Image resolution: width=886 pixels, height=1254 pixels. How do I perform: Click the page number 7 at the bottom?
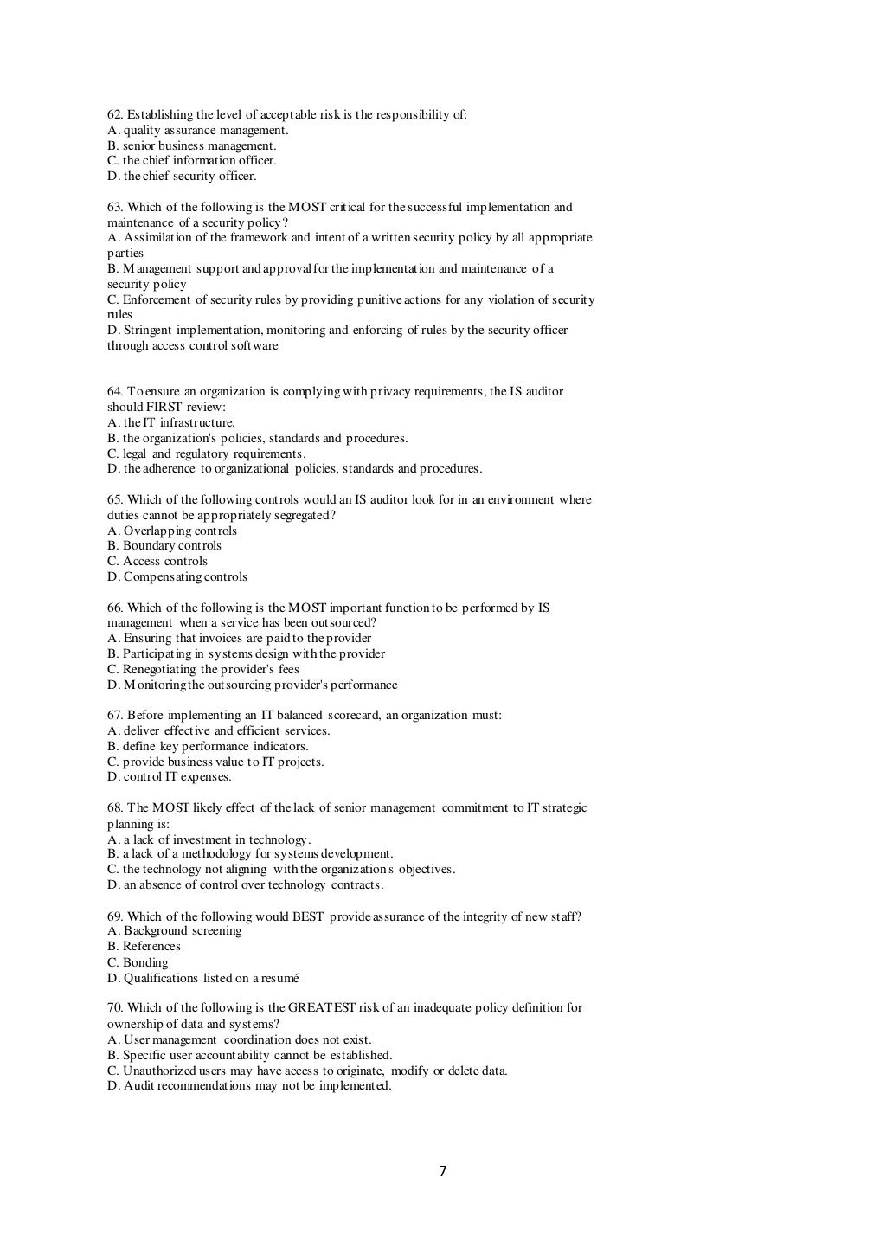(x=443, y=1172)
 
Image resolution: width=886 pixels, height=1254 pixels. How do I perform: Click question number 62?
(x=115, y=115)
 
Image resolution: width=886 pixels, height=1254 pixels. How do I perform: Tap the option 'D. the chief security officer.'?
(x=182, y=177)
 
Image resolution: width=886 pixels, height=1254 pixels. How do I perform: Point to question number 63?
(x=115, y=208)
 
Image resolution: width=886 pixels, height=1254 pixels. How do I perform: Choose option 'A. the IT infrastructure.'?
(x=171, y=423)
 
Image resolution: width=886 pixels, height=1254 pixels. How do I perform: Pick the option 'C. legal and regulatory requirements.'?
(x=207, y=454)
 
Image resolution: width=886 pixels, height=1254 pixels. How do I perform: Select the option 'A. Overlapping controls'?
(x=172, y=531)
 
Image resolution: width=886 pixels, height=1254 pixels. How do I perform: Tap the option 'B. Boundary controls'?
(x=164, y=546)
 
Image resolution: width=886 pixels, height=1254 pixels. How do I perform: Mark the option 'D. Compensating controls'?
(x=177, y=577)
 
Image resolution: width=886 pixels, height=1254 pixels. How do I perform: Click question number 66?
(x=115, y=608)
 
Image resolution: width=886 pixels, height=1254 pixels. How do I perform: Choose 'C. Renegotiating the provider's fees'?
(x=203, y=670)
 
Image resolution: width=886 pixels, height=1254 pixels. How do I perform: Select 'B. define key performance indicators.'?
(x=208, y=747)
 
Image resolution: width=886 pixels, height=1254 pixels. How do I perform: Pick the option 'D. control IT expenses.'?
(x=170, y=777)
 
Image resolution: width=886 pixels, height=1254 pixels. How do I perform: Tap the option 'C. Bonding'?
(x=138, y=963)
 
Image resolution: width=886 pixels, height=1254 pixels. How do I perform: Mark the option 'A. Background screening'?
(x=175, y=931)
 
